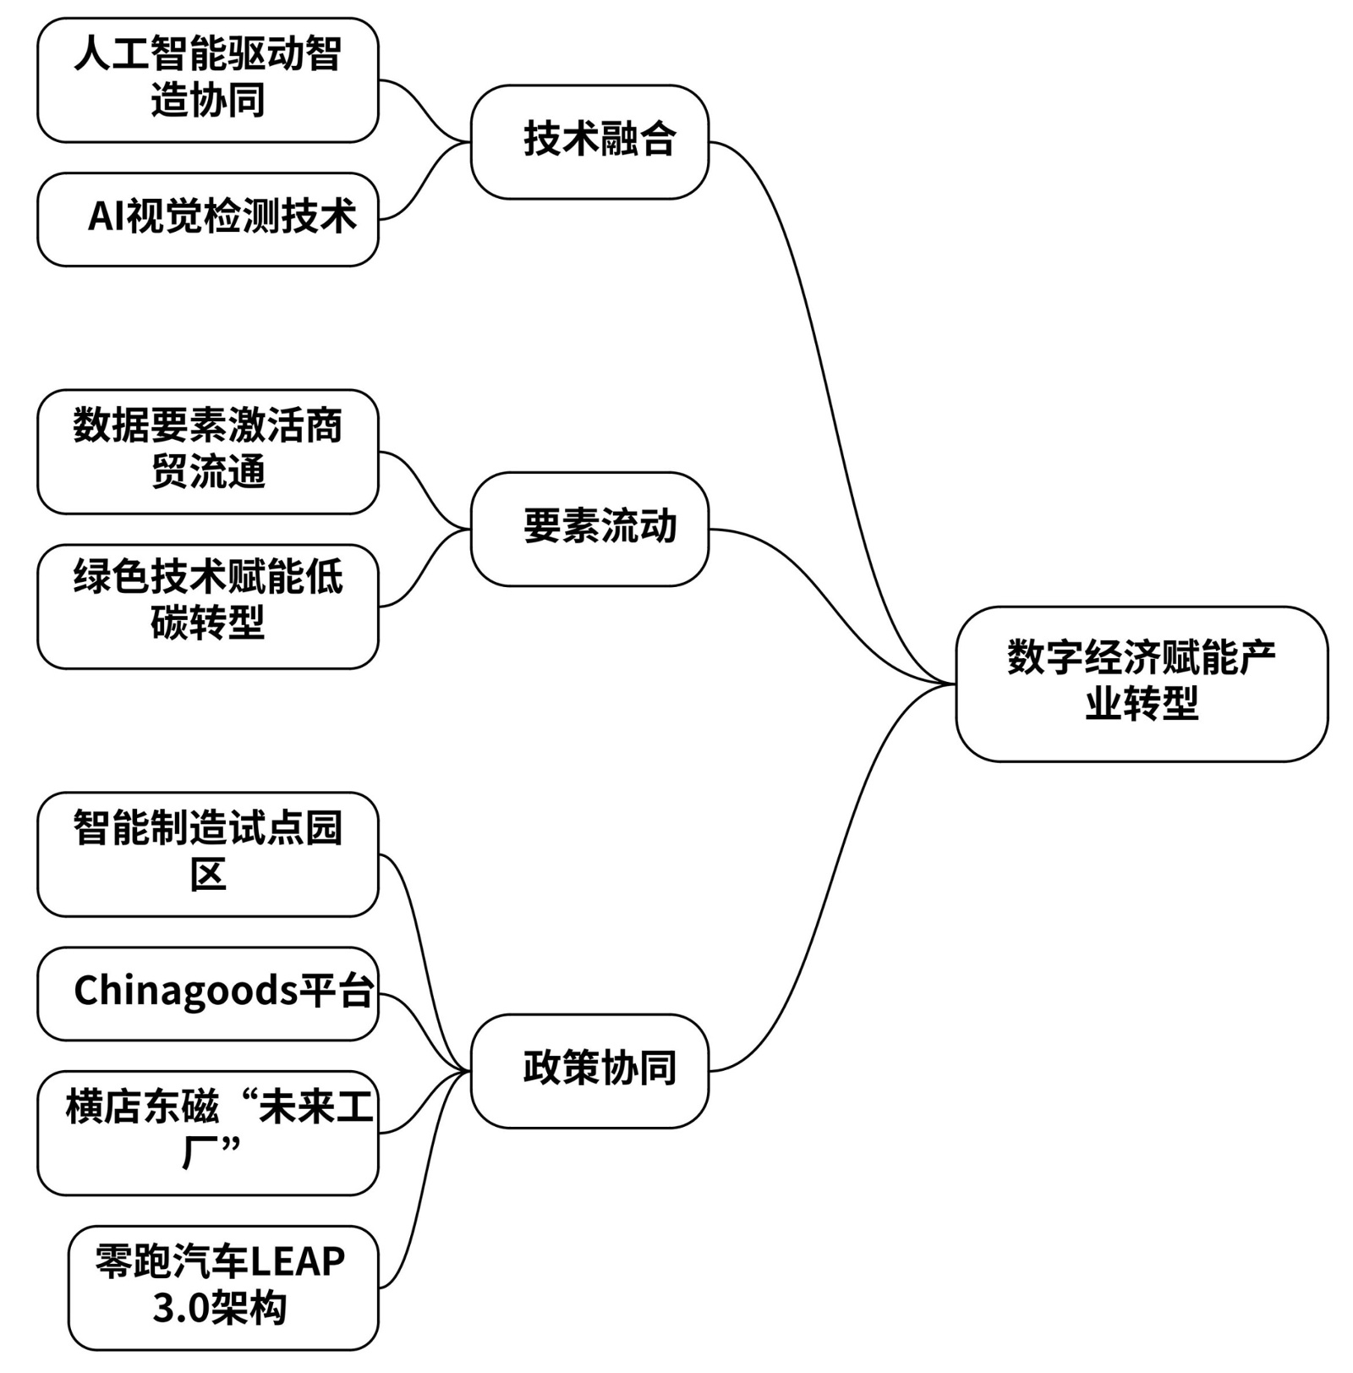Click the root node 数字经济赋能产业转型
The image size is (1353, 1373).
point(1141,684)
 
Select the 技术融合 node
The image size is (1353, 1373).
point(589,142)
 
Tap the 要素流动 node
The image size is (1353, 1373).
point(589,529)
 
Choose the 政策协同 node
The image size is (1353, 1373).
point(589,1070)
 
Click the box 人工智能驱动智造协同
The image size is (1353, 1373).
point(208,80)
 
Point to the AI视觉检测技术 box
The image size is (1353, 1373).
point(208,219)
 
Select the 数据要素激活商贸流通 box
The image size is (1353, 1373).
point(208,451)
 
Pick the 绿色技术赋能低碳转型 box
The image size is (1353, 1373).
point(208,606)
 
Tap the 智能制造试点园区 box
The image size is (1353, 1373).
point(208,854)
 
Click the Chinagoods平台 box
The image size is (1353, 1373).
point(208,993)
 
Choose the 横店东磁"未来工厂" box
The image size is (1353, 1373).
point(208,1132)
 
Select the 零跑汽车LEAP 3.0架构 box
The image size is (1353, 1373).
point(223,1287)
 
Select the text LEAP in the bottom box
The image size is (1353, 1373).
point(298,1262)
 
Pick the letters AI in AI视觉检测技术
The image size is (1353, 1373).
point(107,217)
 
